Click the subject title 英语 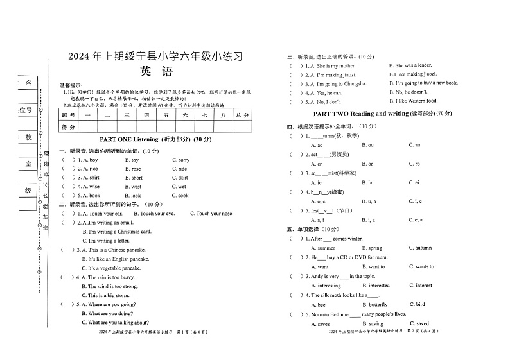coord(155,72)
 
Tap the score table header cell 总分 coord(242,115)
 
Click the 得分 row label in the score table coord(68,127)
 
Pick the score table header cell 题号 coord(68,115)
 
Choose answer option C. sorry coord(180,160)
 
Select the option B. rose coord(132,169)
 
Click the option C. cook coord(180,196)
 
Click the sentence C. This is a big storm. coord(110,296)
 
